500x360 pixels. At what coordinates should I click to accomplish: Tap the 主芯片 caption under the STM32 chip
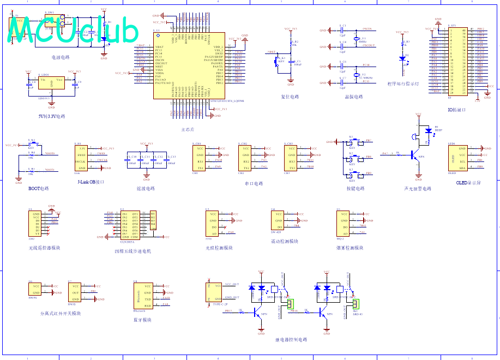[188, 130]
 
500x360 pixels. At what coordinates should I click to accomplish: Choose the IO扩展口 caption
[457, 110]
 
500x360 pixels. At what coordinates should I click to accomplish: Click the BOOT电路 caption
[38, 188]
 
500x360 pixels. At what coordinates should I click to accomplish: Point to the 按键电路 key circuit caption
[356, 188]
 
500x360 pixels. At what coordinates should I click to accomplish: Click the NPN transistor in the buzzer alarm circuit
[417, 155]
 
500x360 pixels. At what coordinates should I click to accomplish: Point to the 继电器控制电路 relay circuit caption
[291, 339]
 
